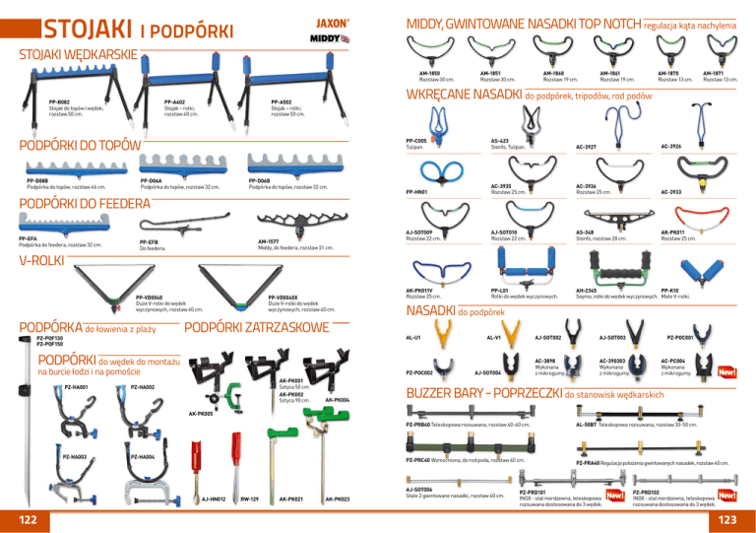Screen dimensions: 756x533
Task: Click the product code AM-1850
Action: coord(429,73)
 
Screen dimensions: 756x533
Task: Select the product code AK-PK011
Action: coord(674,232)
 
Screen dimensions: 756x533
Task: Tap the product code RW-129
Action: coord(250,500)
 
